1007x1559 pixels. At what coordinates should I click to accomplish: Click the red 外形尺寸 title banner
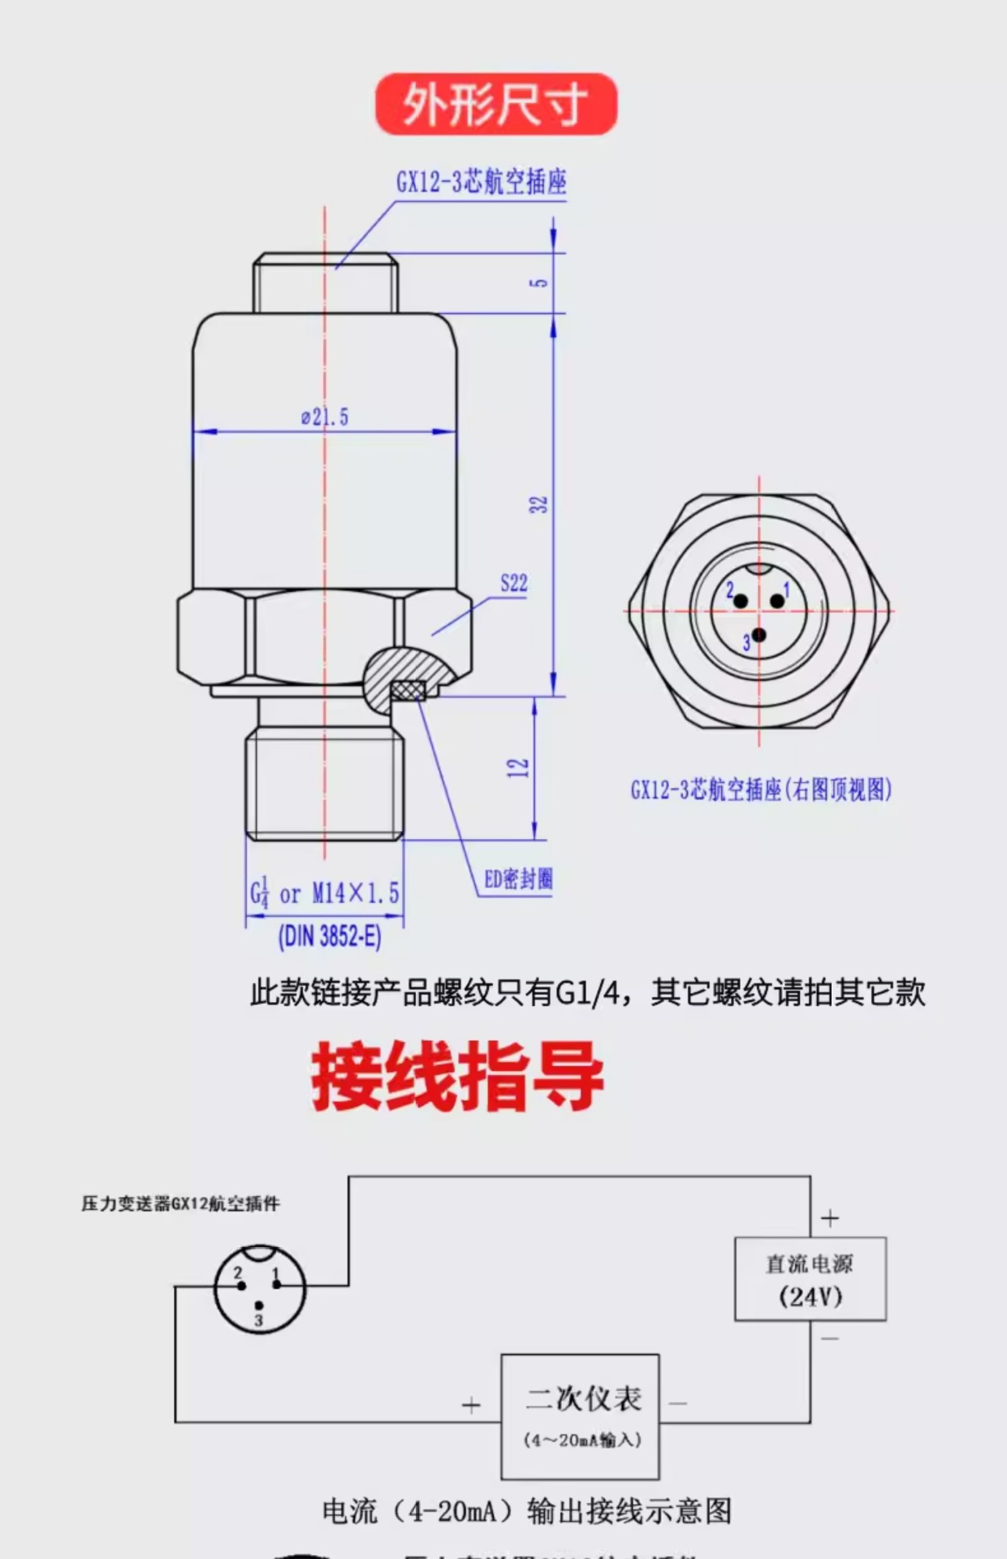click(x=495, y=104)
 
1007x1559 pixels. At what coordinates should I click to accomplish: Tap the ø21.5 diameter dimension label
click(x=325, y=417)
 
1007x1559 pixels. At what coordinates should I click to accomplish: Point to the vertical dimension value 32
click(x=539, y=504)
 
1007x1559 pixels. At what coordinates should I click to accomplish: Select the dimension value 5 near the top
click(x=539, y=283)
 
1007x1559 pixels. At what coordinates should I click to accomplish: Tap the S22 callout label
click(x=513, y=583)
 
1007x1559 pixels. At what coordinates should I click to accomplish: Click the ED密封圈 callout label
click(x=518, y=879)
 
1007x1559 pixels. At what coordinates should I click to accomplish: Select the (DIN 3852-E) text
click(x=330, y=937)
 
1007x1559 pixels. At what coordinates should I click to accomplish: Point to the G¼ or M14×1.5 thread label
click(x=325, y=894)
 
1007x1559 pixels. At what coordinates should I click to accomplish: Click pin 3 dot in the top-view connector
click(x=758, y=635)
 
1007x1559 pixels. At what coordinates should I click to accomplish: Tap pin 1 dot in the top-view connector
click(x=777, y=601)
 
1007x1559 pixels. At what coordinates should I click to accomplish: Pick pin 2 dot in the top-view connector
click(x=741, y=601)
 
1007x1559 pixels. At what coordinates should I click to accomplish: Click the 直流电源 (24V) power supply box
click(x=810, y=1279)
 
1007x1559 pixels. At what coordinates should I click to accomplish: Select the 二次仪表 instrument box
click(x=580, y=1416)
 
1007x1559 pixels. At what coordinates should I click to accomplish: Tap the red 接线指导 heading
click(x=457, y=1077)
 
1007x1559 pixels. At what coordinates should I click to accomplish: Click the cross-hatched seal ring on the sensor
click(x=408, y=690)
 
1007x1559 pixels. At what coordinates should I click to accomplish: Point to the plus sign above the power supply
click(x=829, y=1218)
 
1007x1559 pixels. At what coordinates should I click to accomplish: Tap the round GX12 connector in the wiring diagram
click(x=259, y=1290)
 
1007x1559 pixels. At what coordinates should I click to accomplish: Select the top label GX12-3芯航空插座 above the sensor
click(x=481, y=182)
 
